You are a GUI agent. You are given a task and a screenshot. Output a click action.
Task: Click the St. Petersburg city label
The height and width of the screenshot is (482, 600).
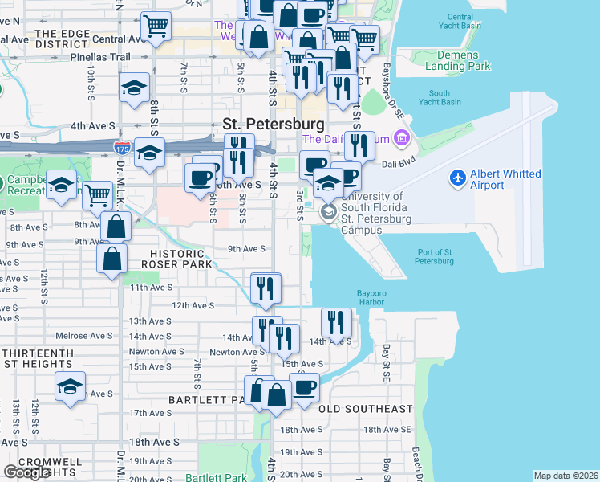tap(274, 125)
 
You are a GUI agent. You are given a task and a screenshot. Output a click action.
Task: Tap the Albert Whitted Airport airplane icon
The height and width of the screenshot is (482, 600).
tap(458, 177)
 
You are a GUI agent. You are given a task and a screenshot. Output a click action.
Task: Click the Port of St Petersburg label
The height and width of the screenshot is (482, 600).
tap(435, 256)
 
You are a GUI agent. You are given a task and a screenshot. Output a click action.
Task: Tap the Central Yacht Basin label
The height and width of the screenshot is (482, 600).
tap(460, 21)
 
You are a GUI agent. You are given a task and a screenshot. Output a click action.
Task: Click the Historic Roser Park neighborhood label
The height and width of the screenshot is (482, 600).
tap(176, 259)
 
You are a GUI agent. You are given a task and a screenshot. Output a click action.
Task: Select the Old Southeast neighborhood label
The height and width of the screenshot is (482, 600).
tap(365, 409)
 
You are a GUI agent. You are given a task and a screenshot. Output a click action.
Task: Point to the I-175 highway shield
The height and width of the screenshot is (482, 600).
tap(121, 149)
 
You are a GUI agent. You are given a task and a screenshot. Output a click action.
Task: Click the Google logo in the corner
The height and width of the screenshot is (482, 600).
tap(26, 472)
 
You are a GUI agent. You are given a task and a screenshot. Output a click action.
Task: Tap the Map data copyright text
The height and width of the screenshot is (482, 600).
tap(565, 476)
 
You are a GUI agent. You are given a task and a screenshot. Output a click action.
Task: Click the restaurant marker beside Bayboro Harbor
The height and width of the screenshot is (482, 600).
tap(337, 322)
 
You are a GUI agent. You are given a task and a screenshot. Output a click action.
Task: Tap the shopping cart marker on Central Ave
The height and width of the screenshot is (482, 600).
tap(156, 27)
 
